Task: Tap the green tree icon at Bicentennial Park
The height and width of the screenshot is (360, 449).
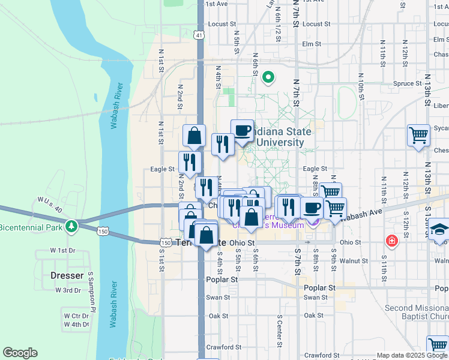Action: pos(72,227)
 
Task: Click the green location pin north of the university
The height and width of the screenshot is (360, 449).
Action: pos(268,77)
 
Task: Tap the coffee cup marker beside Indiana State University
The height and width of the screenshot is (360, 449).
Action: pos(242,130)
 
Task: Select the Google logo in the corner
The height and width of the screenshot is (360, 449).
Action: pos(20,353)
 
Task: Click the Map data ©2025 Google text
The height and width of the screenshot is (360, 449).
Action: pos(411,355)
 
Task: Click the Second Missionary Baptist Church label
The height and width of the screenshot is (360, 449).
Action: pos(417,312)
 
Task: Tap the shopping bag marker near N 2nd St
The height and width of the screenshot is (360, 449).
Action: pos(194,136)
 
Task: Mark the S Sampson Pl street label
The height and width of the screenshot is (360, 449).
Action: pos(92,293)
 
